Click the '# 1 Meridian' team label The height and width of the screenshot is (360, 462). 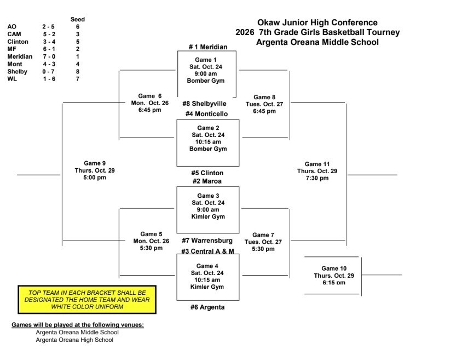(208, 47)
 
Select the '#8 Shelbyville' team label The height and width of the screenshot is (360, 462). (204, 104)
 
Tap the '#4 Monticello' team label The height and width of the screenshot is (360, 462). (206, 114)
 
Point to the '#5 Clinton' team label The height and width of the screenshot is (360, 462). (207, 173)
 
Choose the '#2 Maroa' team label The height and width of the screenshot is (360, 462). (207, 181)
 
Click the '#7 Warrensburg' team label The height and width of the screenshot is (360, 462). (207, 241)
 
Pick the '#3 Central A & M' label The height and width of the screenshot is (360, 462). (207, 251)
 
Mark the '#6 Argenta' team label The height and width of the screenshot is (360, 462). (207, 307)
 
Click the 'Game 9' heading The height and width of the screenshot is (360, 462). (95, 163)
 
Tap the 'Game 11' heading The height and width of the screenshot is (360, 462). (317, 164)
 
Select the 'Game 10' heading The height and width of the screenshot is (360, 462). (334, 268)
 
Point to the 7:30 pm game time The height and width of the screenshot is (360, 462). (317, 178)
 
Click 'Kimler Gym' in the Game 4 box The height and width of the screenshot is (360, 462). (207, 287)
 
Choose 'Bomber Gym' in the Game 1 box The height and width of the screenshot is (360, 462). (206, 81)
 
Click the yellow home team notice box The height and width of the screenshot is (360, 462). (87, 300)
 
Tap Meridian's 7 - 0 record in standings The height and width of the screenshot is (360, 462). (49, 56)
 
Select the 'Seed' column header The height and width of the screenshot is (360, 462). (78, 20)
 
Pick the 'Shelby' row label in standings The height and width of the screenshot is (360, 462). (17, 71)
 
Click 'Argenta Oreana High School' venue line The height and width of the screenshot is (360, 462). (74, 340)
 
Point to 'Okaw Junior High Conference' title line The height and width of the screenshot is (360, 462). (317, 22)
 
